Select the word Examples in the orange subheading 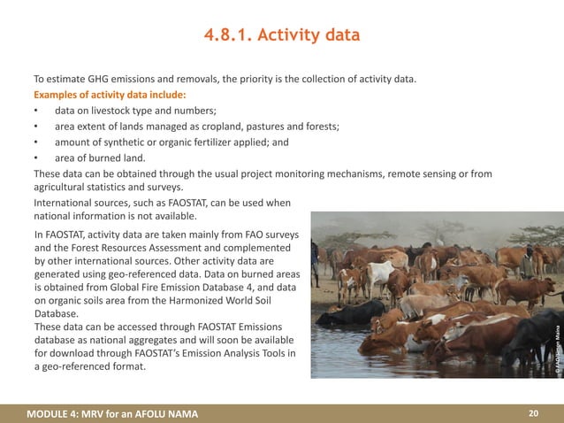point(60,96)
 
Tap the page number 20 point(533,413)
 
